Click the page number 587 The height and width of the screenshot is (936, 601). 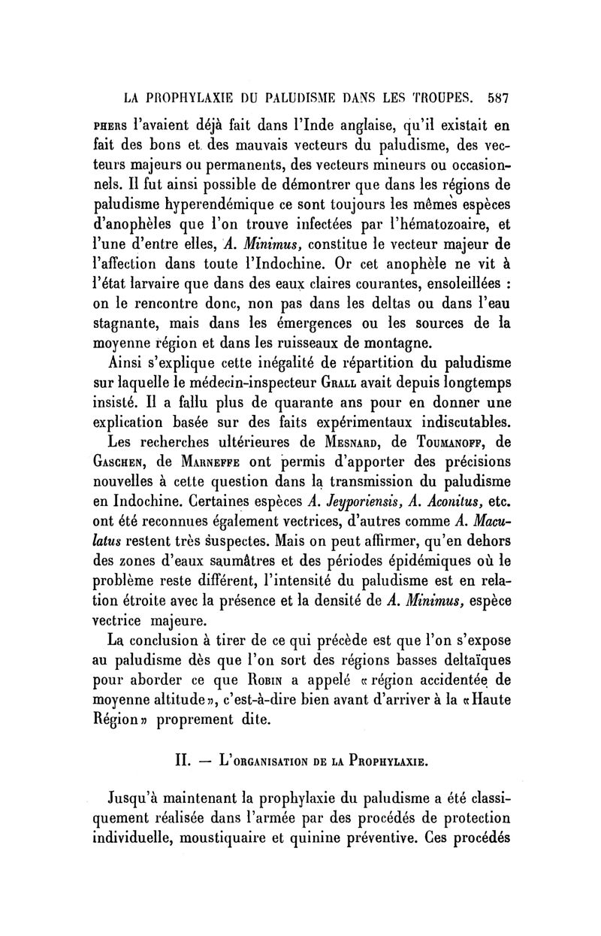coord(498,98)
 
